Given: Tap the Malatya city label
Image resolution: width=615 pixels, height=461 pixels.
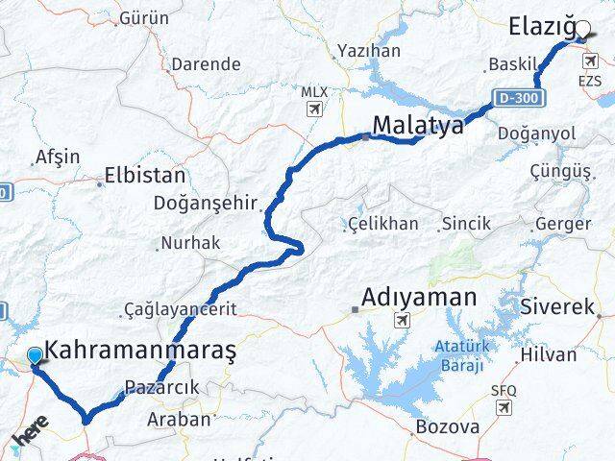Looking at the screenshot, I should pyautogui.click(x=418, y=125).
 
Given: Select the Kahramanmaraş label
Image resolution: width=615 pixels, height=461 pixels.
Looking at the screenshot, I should pyautogui.click(x=140, y=352).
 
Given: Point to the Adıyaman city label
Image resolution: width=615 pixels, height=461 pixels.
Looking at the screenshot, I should pyautogui.click(x=419, y=298).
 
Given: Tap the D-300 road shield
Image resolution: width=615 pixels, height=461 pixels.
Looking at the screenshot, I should pyautogui.click(x=521, y=98).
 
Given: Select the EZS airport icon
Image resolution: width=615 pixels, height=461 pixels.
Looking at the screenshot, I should pyautogui.click(x=589, y=62).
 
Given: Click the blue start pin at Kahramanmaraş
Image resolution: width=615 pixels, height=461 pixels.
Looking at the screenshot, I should pyautogui.click(x=36, y=356).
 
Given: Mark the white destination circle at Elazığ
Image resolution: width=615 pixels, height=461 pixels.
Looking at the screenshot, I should pyautogui.click(x=584, y=30).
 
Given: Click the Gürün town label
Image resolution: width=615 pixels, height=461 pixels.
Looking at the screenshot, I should pyautogui.click(x=144, y=18).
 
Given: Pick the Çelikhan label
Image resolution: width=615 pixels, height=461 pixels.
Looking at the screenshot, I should pyautogui.click(x=382, y=224).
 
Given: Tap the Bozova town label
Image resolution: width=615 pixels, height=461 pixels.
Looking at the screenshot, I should pyautogui.click(x=448, y=426).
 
